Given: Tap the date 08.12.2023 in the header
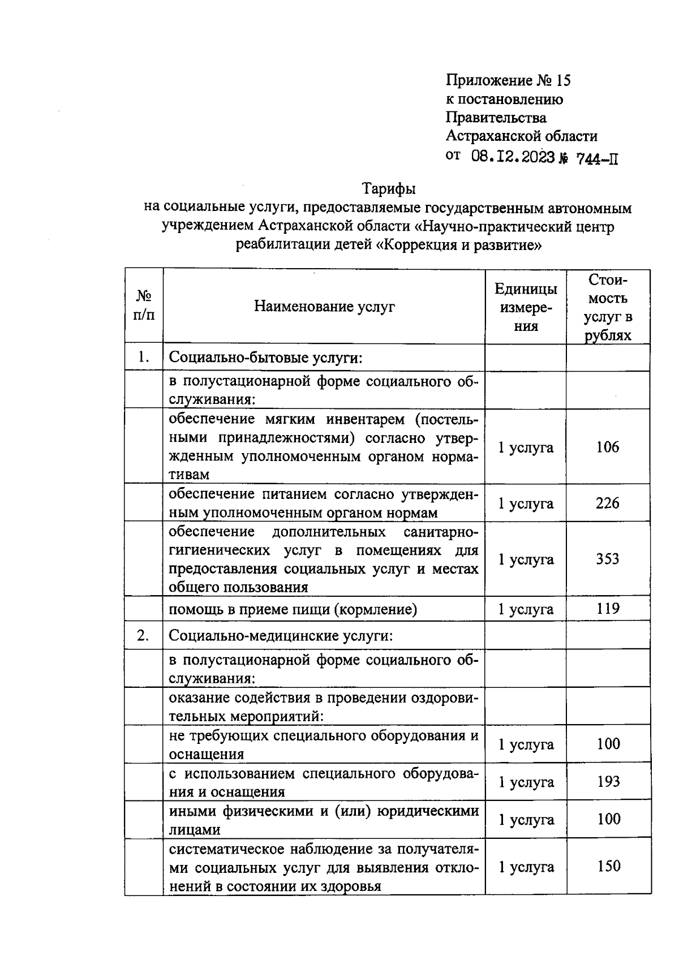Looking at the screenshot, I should pyautogui.click(x=513, y=157).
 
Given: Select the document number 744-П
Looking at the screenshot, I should pyautogui.click(x=597, y=158).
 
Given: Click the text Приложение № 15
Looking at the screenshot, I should pyautogui.click(x=508, y=81).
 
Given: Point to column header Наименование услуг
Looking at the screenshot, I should pyautogui.click(x=324, y=307).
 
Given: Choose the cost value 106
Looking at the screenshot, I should pyautogui.click(x=608, y=447).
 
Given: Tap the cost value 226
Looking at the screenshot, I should pyautogui.click(x=608, y=503).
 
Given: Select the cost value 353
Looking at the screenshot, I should pyautogui.click(x=608, y=559).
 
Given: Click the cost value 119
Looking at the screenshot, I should pyautogui.click(x=608, y=609).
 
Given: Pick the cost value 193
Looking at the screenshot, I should pyautogui.click(x=608, y=782).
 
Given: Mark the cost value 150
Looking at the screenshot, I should pyautogui.click(x=608, y=866).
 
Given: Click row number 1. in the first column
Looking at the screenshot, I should pyautogui.click(x=144, y=357).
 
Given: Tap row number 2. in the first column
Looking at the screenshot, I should pyautogui.click(x=144, y=636).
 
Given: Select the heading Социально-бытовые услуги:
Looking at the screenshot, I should pyautogui.click(x=265, y=358).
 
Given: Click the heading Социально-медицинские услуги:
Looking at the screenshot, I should pyautogui.click(x=281, y=636).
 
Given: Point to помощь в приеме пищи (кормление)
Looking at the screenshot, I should pyautogui.click(x=293, y=609).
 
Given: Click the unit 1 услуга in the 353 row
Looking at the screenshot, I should pyautogui.click(x=526, y=559).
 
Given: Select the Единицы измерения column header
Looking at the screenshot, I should pyautogui.click(x=526, y=307).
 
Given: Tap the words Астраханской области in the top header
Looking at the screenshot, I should pyautogui.click(x=521, y=136).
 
